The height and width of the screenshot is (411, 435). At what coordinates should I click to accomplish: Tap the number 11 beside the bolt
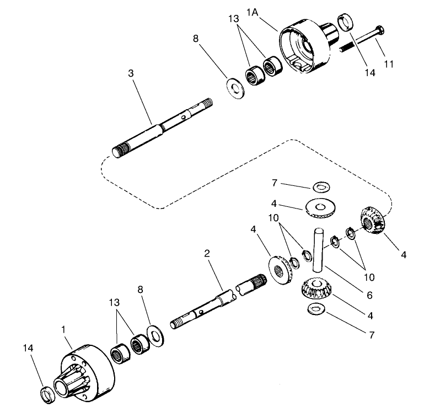pos(388,64)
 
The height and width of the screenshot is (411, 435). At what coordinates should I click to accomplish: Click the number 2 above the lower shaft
pos(207,253)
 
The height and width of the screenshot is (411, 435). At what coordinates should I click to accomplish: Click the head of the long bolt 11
pos(379,30)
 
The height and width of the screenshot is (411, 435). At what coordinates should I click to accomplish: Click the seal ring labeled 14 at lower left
pos(48,394)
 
